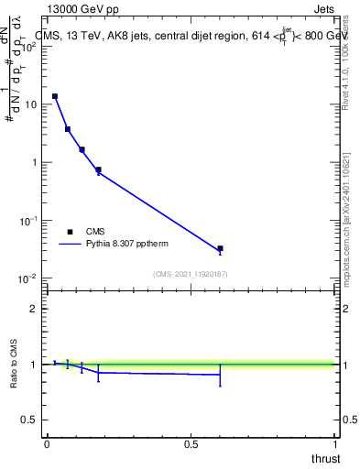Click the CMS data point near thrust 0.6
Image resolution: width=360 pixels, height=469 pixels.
click(220, 248)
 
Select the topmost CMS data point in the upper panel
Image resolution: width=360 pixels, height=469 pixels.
click(55, 96)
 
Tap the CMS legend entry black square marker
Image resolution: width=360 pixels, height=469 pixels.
click(70, 232)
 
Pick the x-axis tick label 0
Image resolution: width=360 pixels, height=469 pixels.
click(46, 444)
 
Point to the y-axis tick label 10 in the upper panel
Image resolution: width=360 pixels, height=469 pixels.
click(30, 104)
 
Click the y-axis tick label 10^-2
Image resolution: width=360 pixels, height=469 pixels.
click(28, 278)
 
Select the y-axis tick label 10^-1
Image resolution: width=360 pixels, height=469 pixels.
click(28, 221)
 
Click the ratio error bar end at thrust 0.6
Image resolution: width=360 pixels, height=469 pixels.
click(220, 386)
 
